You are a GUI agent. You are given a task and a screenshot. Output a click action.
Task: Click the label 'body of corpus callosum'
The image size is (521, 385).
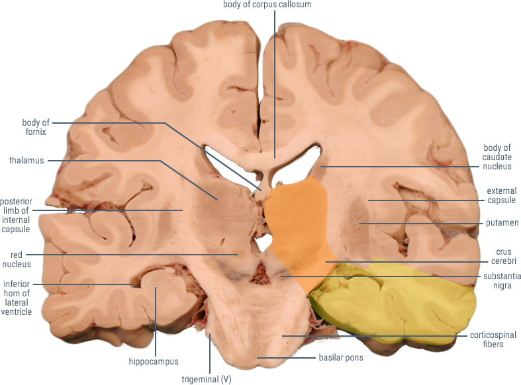tap(267, 5)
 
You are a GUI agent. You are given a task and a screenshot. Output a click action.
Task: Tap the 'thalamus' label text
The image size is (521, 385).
tap(26, 160)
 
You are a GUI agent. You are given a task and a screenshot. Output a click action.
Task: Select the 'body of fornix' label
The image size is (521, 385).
tap(36, 127)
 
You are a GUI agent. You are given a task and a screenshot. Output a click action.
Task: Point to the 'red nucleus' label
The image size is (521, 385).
tap(17, 259)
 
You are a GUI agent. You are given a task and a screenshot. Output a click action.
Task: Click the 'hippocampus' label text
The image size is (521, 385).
tap(154, 361)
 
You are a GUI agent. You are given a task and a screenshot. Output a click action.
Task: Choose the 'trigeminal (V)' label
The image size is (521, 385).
tap(207, 379)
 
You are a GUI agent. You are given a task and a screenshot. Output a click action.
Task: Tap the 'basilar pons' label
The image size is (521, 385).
tap(341, 357)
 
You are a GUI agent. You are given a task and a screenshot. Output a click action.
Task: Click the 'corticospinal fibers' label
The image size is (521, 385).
tap(493, 339)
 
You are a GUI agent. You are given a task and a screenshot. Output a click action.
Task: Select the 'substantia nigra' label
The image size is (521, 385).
tap(502, 280)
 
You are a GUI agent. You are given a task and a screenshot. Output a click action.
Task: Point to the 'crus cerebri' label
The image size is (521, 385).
tap(503, 256)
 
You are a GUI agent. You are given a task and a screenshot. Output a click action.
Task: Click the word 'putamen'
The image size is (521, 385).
tap(502, 223)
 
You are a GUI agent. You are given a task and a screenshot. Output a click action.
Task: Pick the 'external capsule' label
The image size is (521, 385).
tap(501, 196)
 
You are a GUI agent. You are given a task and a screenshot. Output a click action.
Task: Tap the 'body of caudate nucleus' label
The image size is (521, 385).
tap(497, 157)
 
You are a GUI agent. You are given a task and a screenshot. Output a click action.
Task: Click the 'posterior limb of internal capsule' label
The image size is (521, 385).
tap(16, 216)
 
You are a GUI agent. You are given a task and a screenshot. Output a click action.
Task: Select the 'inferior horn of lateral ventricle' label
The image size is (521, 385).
tap(17, 298)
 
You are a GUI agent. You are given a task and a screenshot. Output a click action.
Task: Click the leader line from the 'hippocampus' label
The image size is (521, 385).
tap(156, 322)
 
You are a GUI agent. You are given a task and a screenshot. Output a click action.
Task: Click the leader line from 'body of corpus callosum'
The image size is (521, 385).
tap(275, 84)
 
